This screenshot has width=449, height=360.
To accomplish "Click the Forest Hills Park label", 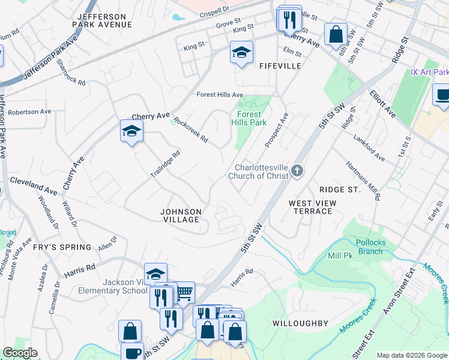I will (x=249, y=118).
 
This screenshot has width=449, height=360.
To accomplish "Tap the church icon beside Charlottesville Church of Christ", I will (x=297, y=172).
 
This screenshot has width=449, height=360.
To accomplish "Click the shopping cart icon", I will (x=184, y=293).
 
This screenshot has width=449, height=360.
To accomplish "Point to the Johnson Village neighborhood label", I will (x=181, y=215).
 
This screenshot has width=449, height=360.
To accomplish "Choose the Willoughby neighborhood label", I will (x=300, y=323).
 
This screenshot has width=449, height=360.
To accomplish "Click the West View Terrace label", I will (x=313, y=208).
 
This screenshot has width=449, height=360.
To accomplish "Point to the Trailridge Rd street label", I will (x=165, y=163).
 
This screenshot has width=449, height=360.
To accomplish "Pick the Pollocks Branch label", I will (x=370, y=247).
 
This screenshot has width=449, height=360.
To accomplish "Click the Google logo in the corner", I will (x=19, y=353).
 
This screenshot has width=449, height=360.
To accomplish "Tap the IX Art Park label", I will (x=430, y=72).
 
